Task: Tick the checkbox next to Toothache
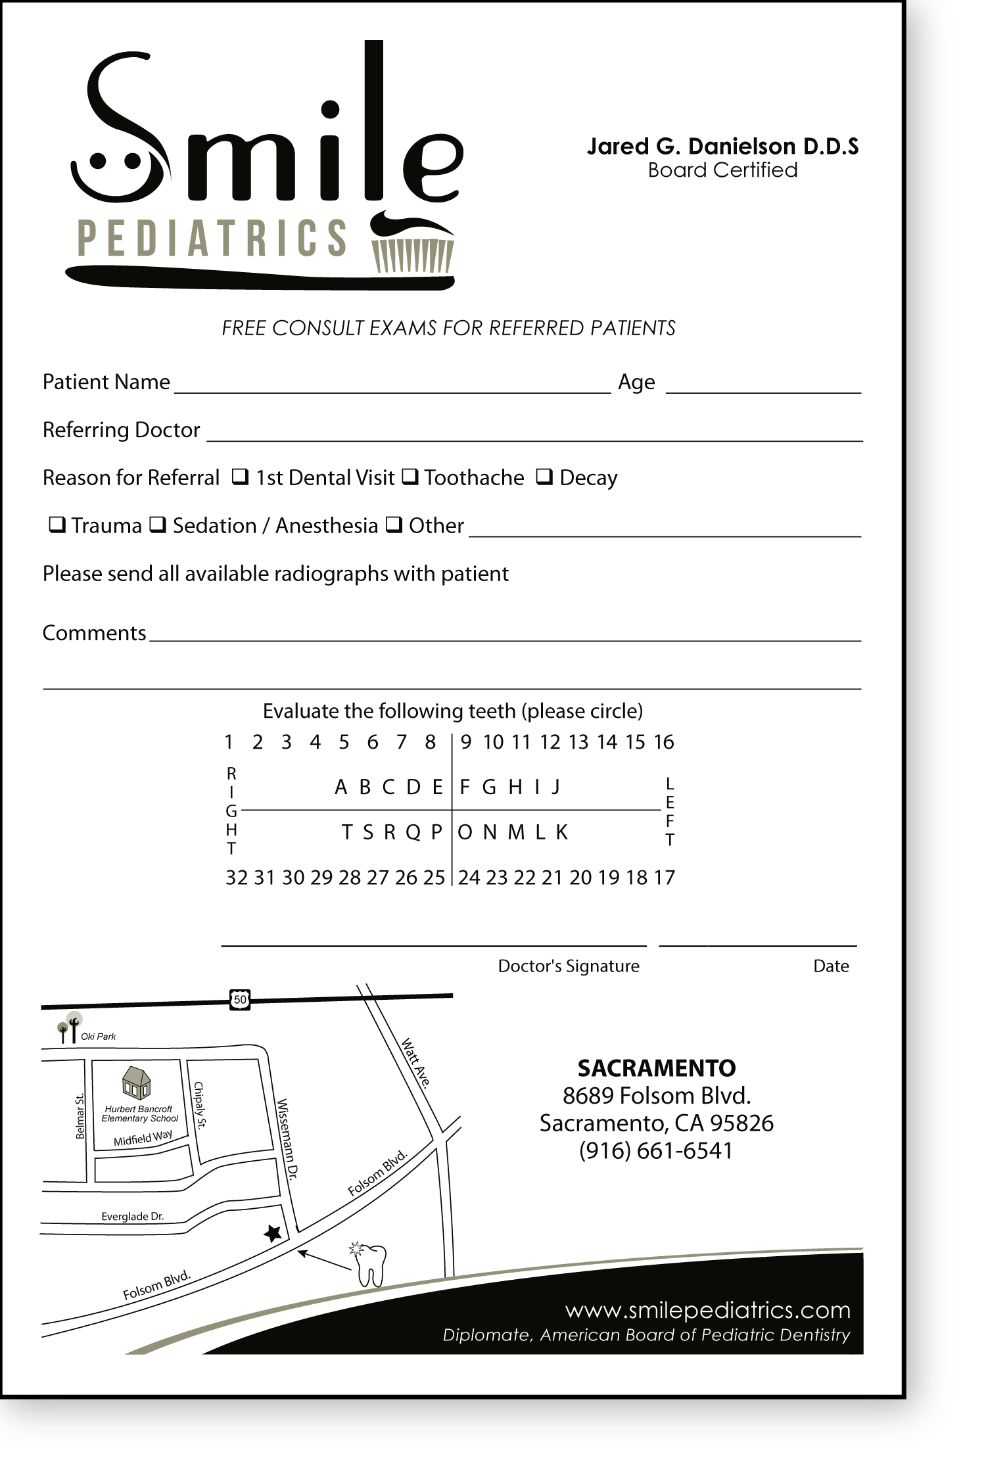[410, 477]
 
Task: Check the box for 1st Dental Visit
[241, 477]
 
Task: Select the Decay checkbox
[544, 477]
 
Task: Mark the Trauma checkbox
[57, 525]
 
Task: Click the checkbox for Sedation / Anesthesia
[158, 525]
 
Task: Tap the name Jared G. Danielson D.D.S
[722, 146]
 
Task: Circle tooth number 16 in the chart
[664, 742]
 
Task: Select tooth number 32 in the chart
[237, 878]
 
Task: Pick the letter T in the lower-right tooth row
[347, 833]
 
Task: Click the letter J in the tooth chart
[555, 787]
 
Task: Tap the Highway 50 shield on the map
[241, 1000]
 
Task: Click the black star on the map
[273, 1233]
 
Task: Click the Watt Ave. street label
[415, 1064]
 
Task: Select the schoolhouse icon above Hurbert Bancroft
[137, 1083]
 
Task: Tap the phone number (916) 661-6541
[656, 1151]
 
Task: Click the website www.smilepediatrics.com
[708, 1310]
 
